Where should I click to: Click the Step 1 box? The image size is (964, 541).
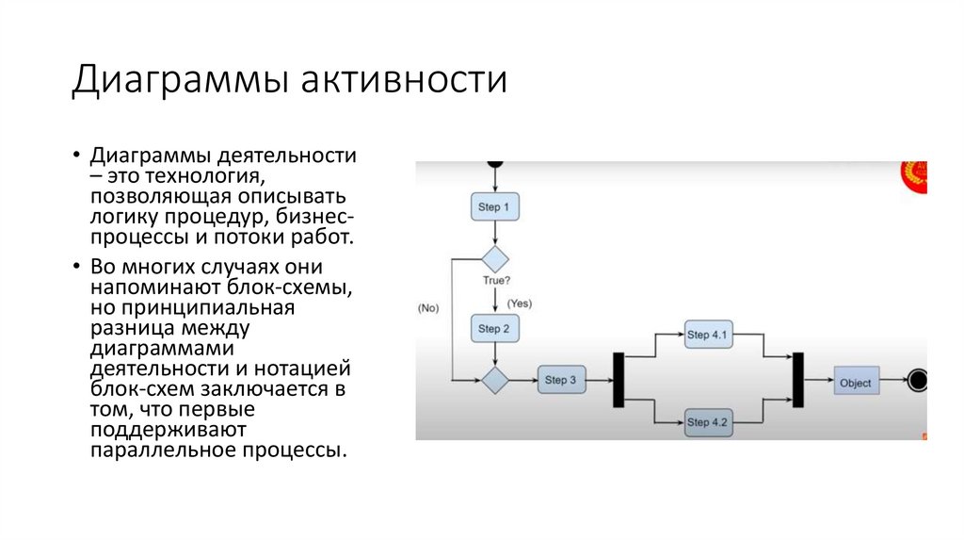click(494, 206)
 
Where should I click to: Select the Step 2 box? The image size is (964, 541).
click(494, 329)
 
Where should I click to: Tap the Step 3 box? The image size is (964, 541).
click(561, 381)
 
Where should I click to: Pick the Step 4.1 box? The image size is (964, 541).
click(708, 335)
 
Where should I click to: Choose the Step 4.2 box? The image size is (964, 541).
click(708, 421)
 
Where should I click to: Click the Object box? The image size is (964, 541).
click(855, 383)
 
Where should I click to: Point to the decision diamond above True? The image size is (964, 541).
click(494, 258)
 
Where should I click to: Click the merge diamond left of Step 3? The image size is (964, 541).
click(494, 381)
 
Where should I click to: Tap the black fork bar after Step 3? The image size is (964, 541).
click(619, 379)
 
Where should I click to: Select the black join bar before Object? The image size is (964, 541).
click(797, 379)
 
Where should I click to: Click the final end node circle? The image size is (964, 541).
click(918, 381)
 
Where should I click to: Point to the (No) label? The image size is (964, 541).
click(428, 308)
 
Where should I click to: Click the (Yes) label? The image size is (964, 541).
click(520, 303)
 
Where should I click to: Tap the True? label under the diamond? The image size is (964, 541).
click(496, 280)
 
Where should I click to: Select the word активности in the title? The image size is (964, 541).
click(404, 80)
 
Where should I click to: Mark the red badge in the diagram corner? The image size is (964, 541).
click(915, 175)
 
